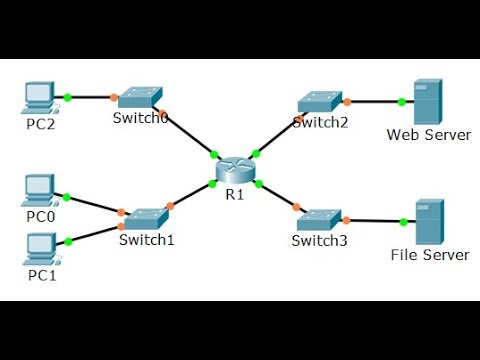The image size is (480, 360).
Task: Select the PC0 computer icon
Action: tap(38, 188)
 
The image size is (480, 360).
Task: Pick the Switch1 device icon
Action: tap(146, 216)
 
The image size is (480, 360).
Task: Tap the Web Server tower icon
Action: tap(427, 101)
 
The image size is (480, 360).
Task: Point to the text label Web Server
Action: tap(428, 135)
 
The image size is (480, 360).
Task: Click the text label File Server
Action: tap(429, 255)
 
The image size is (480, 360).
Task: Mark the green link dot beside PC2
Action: tap(66, 97)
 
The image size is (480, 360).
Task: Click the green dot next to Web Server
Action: tap(401, 101)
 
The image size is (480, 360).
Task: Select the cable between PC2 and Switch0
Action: tap(90, 97)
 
